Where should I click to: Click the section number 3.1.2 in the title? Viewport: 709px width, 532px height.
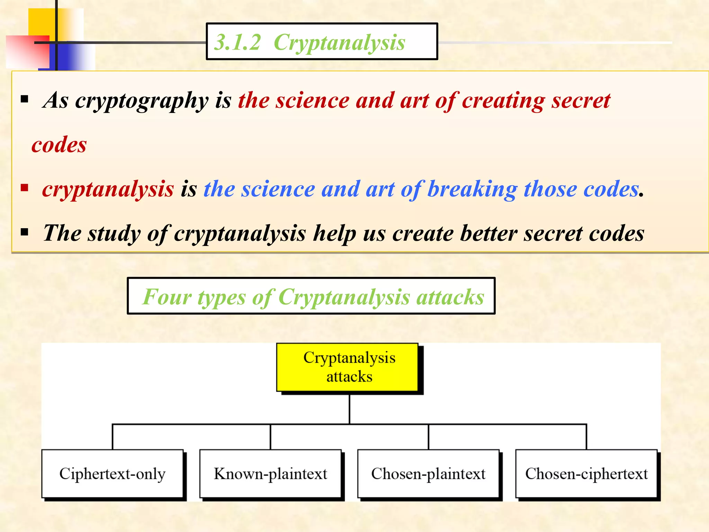click(237, 43)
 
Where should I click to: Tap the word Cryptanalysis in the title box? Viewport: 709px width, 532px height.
click(339, 43)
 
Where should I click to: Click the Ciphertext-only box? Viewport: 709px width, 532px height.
click(112, 473)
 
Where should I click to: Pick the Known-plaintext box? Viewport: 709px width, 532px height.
click(270, 473)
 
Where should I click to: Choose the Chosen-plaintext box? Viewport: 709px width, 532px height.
click(428, 473)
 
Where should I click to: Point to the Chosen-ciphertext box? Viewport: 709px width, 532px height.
click(586, 473)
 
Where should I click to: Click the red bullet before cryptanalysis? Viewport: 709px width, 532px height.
click(24, 188)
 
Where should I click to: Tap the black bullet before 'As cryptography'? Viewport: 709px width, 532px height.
click(24, 100)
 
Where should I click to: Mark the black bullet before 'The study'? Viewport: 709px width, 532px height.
click(24, 232)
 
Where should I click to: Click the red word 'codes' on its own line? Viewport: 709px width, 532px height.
click(59, 144)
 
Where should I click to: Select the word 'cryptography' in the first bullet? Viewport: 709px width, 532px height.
click(142, 101)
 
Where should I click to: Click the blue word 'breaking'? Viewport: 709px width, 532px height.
click(472, 189)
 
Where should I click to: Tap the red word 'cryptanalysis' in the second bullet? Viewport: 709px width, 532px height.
click(108, 189)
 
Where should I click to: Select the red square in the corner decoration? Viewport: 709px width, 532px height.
click(28, 52)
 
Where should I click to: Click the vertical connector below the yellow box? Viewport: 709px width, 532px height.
click(349, 409)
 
